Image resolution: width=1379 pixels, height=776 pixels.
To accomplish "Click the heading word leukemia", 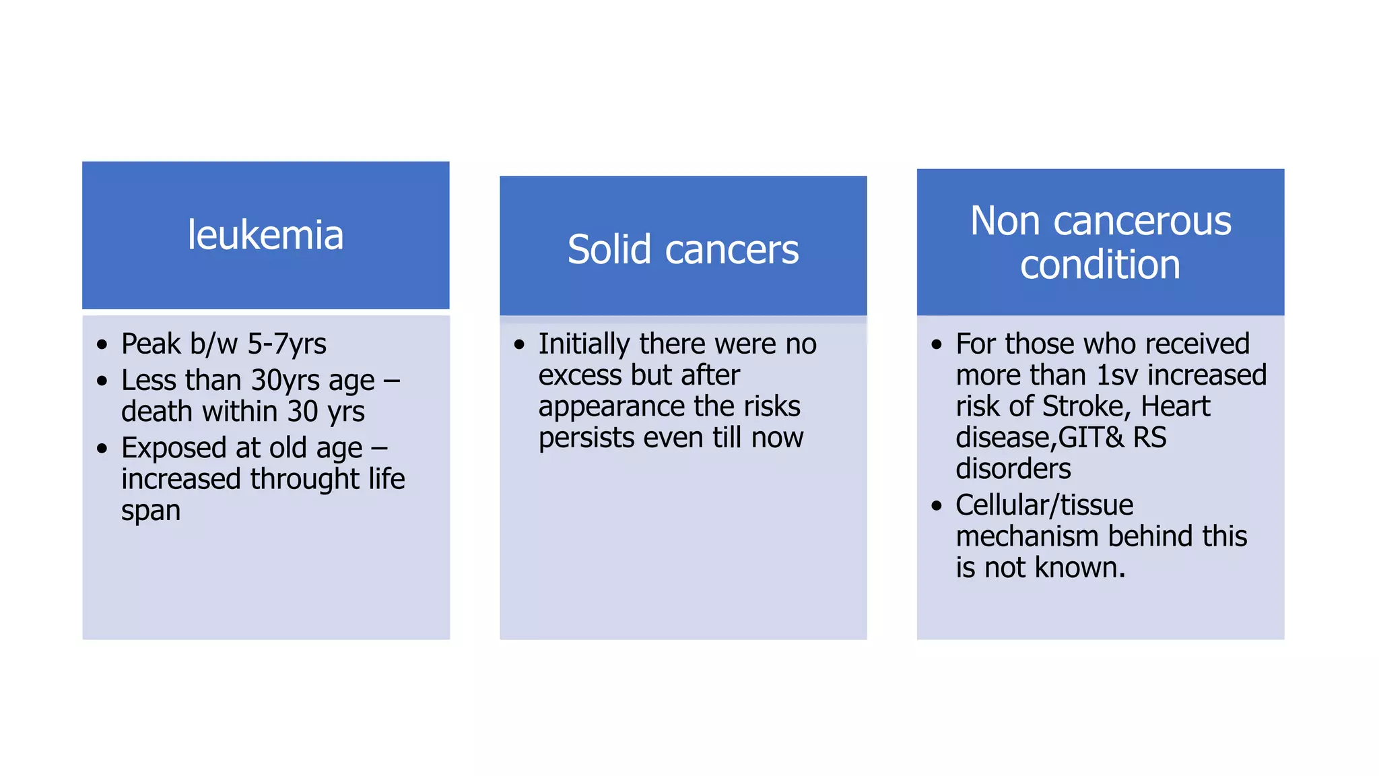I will (265, 235).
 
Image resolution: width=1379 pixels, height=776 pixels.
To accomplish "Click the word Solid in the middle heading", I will (609, 250).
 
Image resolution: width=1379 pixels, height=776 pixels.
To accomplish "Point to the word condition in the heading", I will (1100, 265).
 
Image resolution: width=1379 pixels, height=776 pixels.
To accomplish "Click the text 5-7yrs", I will (287, 344).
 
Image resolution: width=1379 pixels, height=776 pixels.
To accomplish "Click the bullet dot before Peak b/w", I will (102, 346).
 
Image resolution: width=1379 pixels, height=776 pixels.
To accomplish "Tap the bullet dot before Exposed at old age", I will (102, 449).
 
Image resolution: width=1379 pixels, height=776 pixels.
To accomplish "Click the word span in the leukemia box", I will (151, 511).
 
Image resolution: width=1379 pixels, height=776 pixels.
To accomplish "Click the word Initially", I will (584, 344).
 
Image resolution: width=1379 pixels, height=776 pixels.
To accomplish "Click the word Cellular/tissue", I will (1044, 505).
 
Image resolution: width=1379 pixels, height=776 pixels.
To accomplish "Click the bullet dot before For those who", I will (937, 346).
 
